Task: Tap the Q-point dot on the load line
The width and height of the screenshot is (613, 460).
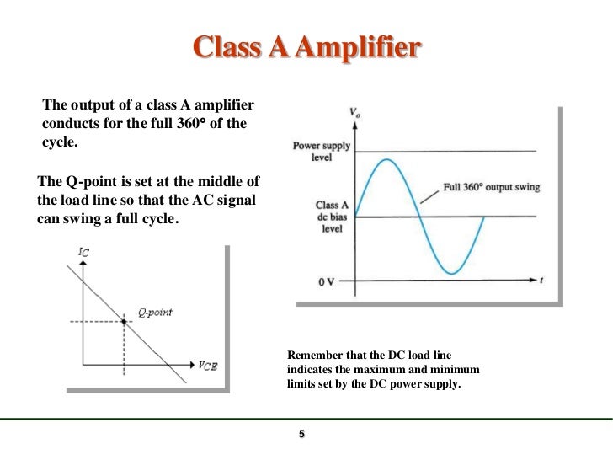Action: coord(124,321)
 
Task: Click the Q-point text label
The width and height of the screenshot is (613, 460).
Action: coord(155,313)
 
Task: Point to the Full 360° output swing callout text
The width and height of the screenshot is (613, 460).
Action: coord(491,187)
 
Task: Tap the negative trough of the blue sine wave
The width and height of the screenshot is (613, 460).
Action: coord(452,274)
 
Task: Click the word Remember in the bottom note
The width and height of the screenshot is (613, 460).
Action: coord(315,356)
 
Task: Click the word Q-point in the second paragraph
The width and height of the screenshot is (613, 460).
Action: coord(92,181)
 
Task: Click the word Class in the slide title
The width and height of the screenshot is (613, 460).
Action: coord(221,48)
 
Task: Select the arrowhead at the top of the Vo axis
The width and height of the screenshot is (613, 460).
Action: coord(354,126)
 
